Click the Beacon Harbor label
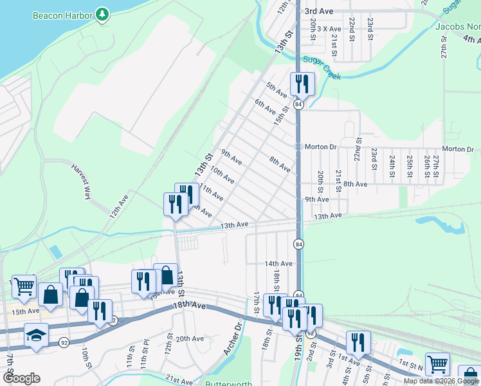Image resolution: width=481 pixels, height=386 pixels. [61, 14]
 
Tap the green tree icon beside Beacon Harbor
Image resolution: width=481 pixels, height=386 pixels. [102, 14]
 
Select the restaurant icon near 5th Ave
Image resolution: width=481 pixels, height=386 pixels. [302, 84]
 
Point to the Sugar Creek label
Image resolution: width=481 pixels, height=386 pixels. [322, 67]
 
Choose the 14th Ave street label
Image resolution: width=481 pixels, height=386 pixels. [278, 264]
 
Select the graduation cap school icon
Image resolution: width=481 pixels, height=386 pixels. [35, 335]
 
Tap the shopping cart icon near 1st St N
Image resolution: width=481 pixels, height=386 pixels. [437, 364]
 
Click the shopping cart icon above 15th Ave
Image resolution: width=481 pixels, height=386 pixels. [24, 286]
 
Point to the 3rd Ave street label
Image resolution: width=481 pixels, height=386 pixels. [318, 12]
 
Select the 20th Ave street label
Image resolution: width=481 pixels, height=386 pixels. [190, 338]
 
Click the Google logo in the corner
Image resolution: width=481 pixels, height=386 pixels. [21, 378]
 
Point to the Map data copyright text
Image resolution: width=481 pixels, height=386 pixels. [441, 381]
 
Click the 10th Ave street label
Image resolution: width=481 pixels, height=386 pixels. [222, 174]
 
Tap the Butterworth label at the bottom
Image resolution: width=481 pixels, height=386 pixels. [228, 383]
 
